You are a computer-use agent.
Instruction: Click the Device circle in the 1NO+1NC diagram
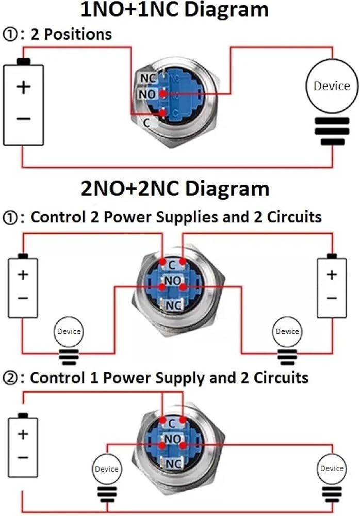click(x=332, y=86)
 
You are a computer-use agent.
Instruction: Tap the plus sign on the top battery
click(x=23, y=87)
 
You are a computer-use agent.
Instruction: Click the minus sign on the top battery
click(x=23, y=119)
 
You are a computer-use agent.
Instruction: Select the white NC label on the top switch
click(x=148, y=78)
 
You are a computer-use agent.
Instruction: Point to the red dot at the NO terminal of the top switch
click(x=162, y=94)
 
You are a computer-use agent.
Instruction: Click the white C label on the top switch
click(x=146, y=123)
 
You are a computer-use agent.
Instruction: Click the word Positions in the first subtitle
click(x=78, y=34)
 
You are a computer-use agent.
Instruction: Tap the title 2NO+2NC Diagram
click(x=175, y=188)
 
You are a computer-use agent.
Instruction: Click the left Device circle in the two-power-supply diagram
click(x=69, y=332)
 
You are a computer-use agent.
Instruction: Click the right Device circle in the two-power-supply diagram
click(x=287, y=332)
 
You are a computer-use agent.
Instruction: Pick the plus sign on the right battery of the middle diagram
click(x=332, y=275)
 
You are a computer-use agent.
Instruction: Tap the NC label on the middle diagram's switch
click(x=173, y=305)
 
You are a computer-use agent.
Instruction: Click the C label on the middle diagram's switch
click(x=171, y=265)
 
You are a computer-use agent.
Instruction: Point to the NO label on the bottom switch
click(x=172, y=439)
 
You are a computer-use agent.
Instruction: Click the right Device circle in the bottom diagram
click(x=332, y=469)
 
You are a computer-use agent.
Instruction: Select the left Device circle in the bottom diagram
click(x=107, y=469)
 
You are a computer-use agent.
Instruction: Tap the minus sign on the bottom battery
click(x=23, y=458)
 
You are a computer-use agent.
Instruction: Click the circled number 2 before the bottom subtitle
click(x=10, y=378)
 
